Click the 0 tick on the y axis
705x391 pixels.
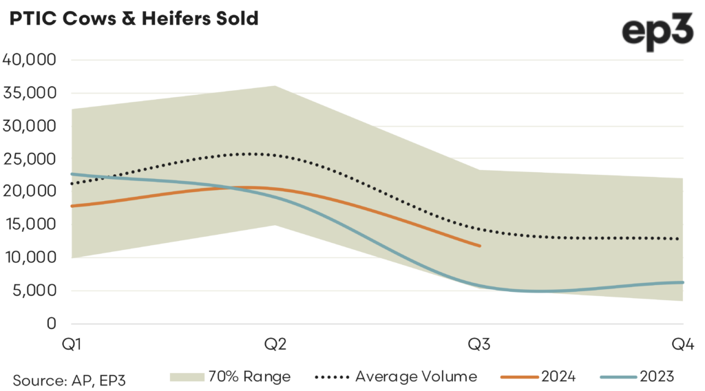[51, 324]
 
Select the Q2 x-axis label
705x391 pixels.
[275, 344]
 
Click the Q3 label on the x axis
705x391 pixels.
[480, 344]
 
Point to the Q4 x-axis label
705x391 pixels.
[683, 344]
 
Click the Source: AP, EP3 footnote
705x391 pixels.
[69, 379]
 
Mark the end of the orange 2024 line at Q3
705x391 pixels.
[479, 245]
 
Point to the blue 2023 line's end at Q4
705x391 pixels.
[683, 282]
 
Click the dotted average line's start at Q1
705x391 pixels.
[72, 184]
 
